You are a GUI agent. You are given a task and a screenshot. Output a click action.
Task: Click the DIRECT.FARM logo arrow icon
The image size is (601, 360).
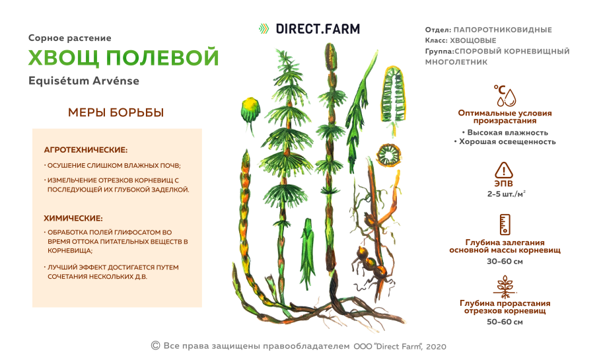tap(264, 28)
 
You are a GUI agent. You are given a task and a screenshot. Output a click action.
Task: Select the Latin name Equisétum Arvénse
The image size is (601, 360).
tap(84, 81)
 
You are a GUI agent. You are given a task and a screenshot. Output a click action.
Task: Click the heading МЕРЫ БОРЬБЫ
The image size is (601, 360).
tap(116, 113)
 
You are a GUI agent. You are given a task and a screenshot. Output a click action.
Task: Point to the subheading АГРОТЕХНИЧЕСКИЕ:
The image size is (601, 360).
tap(85, 150)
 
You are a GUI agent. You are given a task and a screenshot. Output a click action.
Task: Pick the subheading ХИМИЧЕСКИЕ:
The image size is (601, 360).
tap(73, 218)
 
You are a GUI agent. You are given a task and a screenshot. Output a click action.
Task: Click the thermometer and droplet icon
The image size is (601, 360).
tap(505, 95)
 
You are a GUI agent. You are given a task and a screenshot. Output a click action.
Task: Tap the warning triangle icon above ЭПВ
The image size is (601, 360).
tap(504, 170)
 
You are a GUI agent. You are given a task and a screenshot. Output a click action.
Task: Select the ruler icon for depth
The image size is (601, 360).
tap(505, 225)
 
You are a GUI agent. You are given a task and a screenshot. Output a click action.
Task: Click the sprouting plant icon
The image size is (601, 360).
tap(505, 286)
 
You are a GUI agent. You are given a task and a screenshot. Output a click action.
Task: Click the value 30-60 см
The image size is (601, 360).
tap(505, 261)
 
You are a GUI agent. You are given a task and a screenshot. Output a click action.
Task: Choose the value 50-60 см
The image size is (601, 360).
tap(505, 322)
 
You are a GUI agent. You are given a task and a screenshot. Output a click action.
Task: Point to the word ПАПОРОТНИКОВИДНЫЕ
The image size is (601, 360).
tap(503, 30)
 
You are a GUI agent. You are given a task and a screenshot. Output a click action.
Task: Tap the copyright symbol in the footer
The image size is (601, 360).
tap(156, 345)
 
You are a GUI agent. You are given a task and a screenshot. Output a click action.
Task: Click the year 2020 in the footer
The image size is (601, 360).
tap(437, 346)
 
